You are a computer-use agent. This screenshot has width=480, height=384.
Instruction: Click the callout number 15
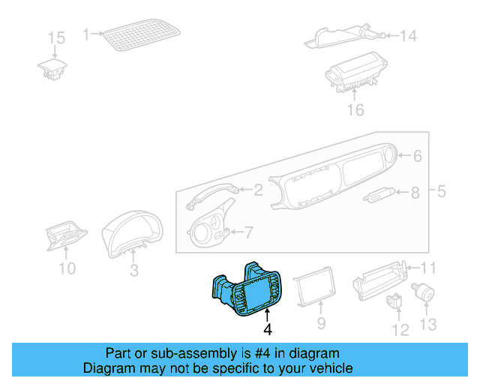pyautogui.click(x=57, y=37)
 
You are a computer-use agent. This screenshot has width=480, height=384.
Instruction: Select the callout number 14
pyautogui.click(x=407, y=35)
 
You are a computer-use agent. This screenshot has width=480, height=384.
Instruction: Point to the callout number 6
pyautogui.click(x=418, y=156)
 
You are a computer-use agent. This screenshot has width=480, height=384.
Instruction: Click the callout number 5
pyautogui.click(x=442, y=191)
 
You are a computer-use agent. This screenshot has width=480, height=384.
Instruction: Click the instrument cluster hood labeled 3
pyautogui.click(x=133, y=229)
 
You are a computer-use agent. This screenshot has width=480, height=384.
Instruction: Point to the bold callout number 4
pyautogui.click(x=268, y=329)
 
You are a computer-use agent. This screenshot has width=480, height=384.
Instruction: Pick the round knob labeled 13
pyautogui.click(x=425, y=291)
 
